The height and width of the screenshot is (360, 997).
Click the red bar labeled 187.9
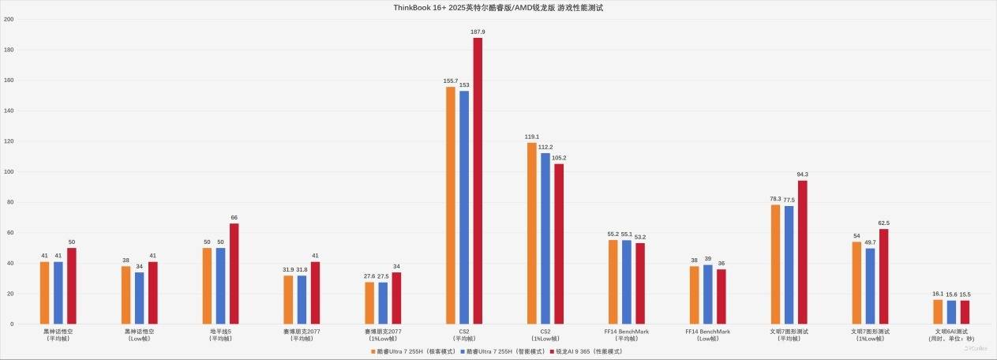pyautogui.click(x=478, y=181)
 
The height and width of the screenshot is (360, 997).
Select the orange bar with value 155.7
pyautogui.click(x=451, y=205)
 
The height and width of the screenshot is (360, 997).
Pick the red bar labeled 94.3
pyautogui.click(x=803, y=252)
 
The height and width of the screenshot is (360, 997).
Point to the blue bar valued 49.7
pyautogui.click(x=871, y=286)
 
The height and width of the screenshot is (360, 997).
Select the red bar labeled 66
pyautogui.click(x=234, y=273)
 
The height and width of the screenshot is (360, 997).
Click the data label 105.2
pyautogui.click(x=559, y=158)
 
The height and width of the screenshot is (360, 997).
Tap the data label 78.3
pyautogui.click(x=775, y=199)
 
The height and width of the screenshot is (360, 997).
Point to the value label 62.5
pyautogui.click(x=884, y=223)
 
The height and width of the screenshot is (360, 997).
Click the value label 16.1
pyautogui.click(x=938, y=294)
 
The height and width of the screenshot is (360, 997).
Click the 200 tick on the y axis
pyautogui.click(x=9, y=20)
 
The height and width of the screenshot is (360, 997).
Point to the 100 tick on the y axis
pyautogui.click(x=9, y=172)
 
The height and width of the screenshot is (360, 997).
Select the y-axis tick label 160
pyautogui.click(x=9, y=81)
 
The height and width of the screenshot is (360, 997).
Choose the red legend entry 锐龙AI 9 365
pyautogui.click(x=588, y=351)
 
